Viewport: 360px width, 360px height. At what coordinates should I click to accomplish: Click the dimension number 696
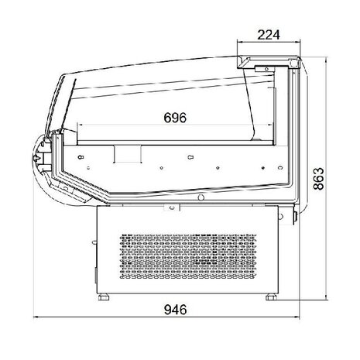176,118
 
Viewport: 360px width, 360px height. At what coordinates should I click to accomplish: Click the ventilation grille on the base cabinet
187,252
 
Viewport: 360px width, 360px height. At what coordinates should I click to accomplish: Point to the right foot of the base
272,295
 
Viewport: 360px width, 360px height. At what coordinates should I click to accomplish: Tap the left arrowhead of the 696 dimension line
80,127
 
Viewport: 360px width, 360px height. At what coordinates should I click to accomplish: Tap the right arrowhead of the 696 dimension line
273,127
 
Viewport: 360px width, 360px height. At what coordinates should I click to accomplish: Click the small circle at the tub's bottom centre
201,198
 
